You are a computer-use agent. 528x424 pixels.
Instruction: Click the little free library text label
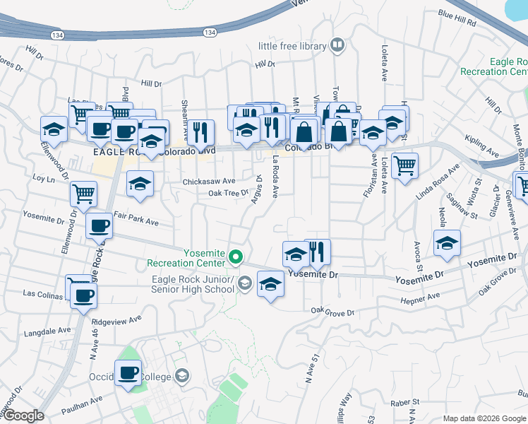tap(292, 46)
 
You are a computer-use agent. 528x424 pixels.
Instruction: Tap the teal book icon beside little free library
tap(338, 46)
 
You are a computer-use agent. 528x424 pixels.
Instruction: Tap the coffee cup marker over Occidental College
tap(128, 372)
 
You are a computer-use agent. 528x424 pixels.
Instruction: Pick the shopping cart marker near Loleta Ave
tap(404, 166)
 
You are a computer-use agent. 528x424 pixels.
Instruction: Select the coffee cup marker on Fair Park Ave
tap(99, 226)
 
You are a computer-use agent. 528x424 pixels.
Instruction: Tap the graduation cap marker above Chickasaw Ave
tap(140, 183)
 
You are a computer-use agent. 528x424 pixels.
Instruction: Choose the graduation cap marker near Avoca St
tap(446, 242)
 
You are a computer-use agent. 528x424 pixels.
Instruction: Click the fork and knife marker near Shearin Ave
tap(201, 131)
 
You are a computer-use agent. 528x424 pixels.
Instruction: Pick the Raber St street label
tap(404, 403)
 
